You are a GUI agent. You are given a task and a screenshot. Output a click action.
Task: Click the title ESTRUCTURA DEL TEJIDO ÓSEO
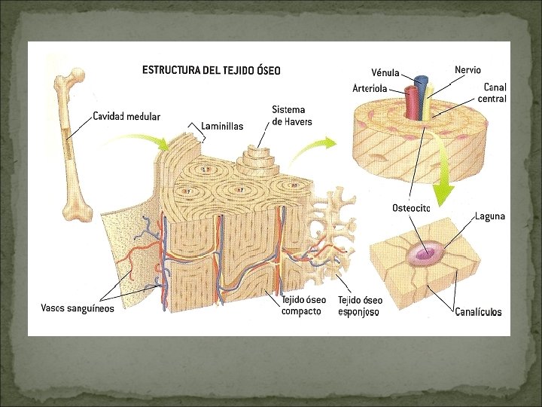[211, 71]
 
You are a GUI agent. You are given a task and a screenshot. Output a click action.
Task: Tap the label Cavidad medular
[126, 116]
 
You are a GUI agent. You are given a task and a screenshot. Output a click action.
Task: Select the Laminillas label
[223, 126]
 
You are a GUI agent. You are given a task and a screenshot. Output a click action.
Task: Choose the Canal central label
[495, 93]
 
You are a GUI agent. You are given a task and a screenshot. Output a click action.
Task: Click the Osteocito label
[411, 207]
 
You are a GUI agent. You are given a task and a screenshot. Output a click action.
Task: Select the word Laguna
[490, 216]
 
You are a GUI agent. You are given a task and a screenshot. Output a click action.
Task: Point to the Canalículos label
[478, 311]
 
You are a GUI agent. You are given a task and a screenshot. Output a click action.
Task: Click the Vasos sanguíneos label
[78, 308]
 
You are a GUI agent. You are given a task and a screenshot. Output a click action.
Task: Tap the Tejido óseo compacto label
[303, 305]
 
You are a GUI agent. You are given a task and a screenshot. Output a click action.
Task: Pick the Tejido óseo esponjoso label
[360, 305]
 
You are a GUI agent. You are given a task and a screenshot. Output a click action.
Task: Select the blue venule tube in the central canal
[422, 88]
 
